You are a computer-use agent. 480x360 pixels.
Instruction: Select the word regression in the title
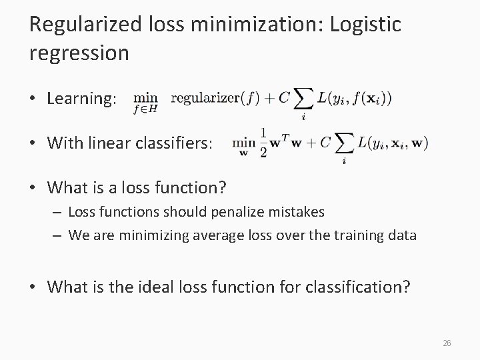click(79, 53)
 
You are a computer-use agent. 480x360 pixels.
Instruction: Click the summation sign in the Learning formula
click(303, 99)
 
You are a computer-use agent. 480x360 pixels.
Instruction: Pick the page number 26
click(447, 343)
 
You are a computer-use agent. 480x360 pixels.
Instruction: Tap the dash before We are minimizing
click(58, 234)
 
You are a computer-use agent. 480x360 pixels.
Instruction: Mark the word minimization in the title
click(251, 25)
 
